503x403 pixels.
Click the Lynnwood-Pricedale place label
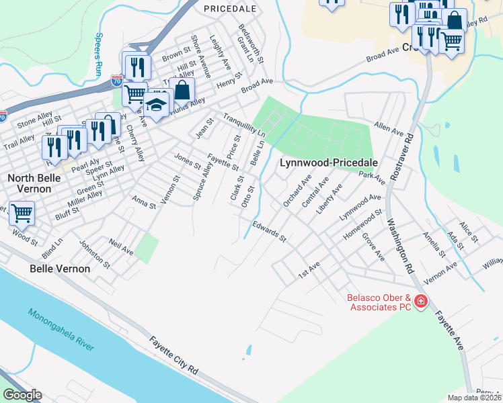pos(327,163)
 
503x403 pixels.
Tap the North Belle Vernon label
pos(38,183)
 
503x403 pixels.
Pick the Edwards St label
pos(270,232)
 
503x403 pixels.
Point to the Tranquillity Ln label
pos(245,124)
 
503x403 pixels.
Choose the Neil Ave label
pos(121,249)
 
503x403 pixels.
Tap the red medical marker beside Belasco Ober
pos(421,302)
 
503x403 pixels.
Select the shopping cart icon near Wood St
pos(22,213)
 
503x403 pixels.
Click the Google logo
pos(22,395)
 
